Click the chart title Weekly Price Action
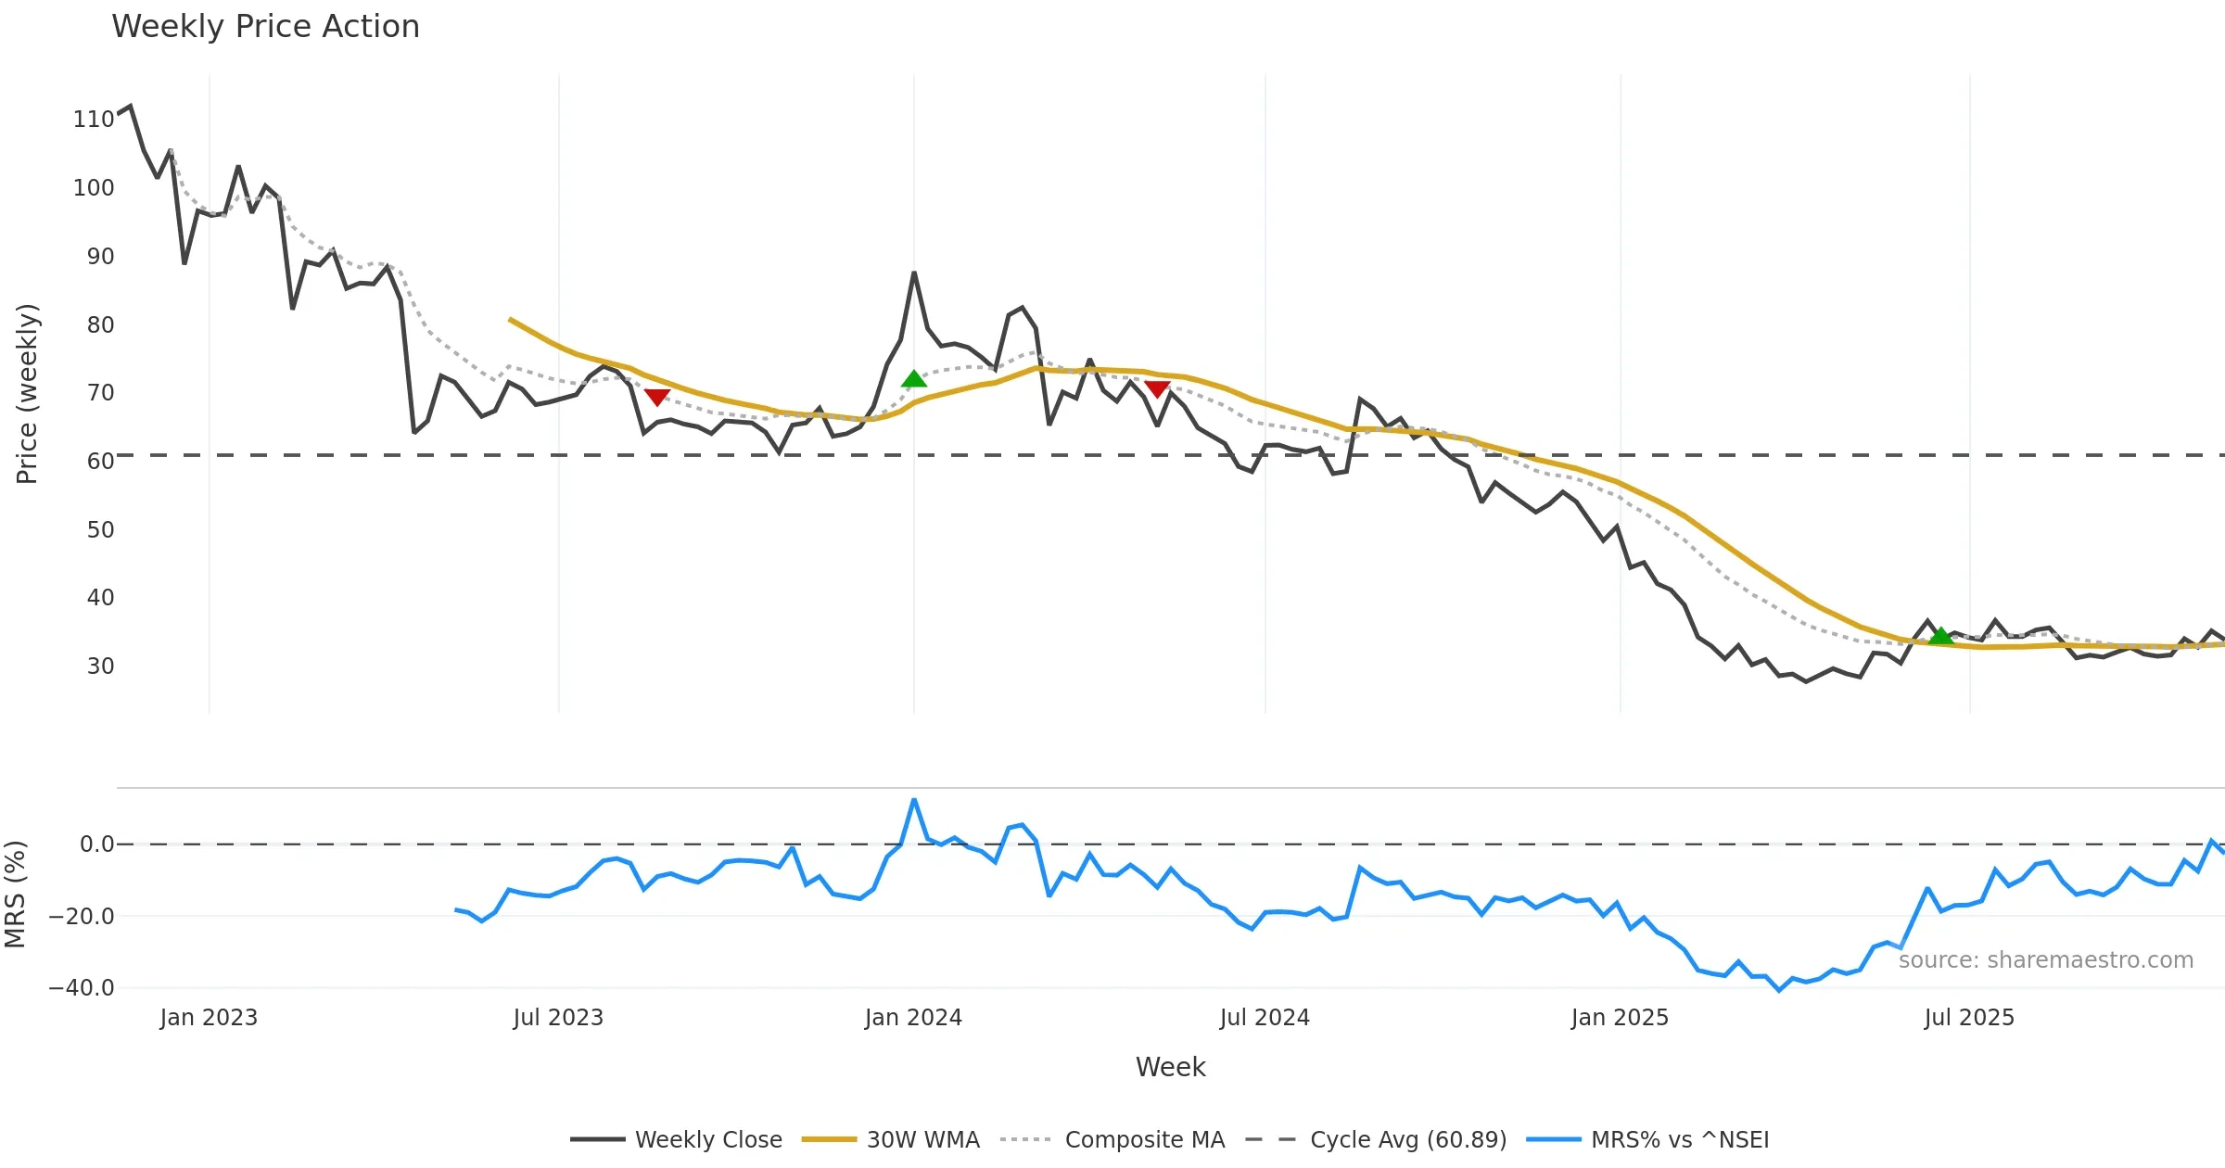coord(265,27)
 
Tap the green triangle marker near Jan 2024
coord(914,379)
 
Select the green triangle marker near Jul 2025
coord(1940,636)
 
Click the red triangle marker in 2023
coord(656,397)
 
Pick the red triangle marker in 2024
coord(1157,388)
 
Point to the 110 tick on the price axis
coord(93,120)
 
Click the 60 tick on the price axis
coord(100,462)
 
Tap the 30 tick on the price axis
coord(100,667)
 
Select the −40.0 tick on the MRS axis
coord(82,988)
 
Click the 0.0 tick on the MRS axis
coord(96,844)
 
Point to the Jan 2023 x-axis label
coord(209,1018)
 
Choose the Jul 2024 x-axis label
coord(1265,1018)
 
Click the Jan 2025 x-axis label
coord(1620,1018)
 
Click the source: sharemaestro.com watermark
coord(2045,960)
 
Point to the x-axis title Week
coord(1170,1068)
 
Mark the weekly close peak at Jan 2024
coord(914,273)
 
